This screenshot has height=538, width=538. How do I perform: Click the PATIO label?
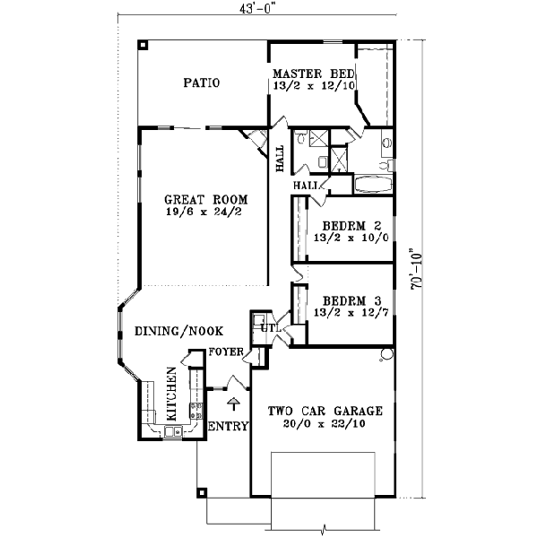[x=202, y=83]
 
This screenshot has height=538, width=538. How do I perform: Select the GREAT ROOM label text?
[x=205, y=199]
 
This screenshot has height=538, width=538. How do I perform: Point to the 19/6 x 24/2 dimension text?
[x=205, y=213]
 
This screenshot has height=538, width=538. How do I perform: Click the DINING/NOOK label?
[x=178, y=331]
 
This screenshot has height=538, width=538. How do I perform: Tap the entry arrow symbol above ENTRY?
[x=235, y=404]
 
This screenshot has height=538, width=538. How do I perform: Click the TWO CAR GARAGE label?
[x=325, y=411]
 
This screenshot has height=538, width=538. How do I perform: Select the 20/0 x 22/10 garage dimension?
[x=325, y=423]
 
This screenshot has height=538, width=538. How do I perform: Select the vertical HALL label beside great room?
[x=281, y=158]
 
